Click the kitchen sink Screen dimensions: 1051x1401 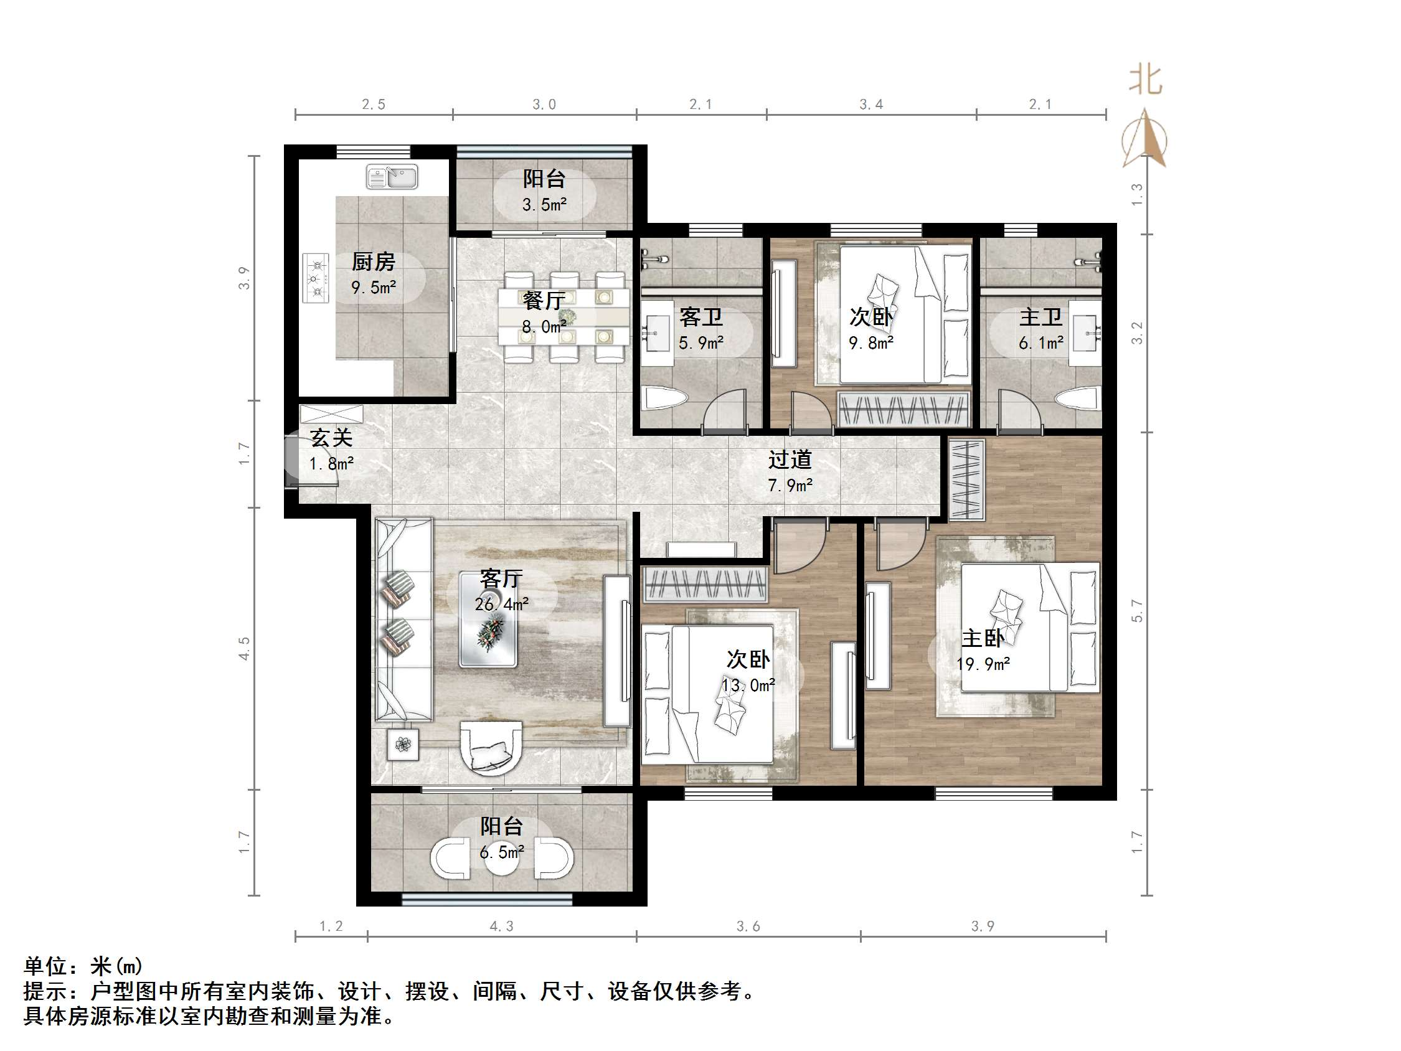pyautogui.click(x=392, y=177)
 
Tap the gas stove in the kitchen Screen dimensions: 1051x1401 pyautogui.click(x=316, y=278)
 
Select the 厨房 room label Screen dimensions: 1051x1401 pyautogui.click(x=373, y=262)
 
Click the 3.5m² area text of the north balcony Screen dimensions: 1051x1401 pyautogui.click(x=544, y=205)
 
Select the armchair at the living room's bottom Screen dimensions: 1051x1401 pyautogui.click(x=491, y=748)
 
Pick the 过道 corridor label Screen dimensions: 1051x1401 pyautogui.click(x=790, y=460)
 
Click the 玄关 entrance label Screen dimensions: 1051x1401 pyautogui.click(x=331, y=438)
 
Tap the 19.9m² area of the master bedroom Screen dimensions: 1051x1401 pyautogui.click(x=983, y=664)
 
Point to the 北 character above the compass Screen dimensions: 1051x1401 pyautogui.click(x=1145, y=80)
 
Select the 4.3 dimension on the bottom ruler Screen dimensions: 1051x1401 pyautogui.click(x=501, y=926)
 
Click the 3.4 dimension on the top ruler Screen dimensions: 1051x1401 pyautogui.click(x=871, y=105)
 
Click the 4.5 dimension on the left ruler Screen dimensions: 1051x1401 pyautogui.click(x=245, y=649)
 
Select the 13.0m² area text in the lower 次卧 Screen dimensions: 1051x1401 pyautogui.click(x=748, y=685)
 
